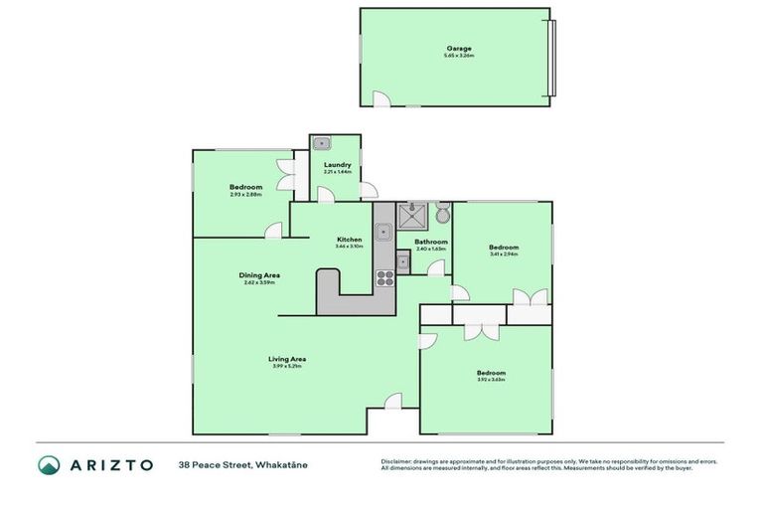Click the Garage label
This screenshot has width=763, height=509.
click(x=458, y=48)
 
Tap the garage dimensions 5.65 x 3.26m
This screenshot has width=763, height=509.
click(x=458, y=56)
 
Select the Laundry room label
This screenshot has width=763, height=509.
click(x=337, y=165)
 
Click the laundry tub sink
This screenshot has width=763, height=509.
click(x=321, y=144)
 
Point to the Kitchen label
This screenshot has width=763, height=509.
click(x=349, y=241)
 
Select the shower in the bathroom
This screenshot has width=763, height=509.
click(x=411, y=216)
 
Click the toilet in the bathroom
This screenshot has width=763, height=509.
click(x=442, y=215)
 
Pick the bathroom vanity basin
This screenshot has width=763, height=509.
click(x=403, y=262)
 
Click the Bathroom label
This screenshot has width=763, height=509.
click(x=431, y=242)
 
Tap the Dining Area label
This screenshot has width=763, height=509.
click(x=259, y=275)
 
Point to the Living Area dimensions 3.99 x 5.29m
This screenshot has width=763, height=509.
click(x=286, y=367)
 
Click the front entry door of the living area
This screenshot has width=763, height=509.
click(x=393, y=401)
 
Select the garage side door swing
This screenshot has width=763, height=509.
click(x=381, y=98)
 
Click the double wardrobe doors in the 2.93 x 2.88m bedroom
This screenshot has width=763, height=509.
click(x=286, y=174)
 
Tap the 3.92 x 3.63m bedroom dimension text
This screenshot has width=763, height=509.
click(x=491, y=380)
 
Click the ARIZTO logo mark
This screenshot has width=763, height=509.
click(x=49, y=464)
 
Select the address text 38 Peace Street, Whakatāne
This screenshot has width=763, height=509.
click(x=243, y=464)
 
